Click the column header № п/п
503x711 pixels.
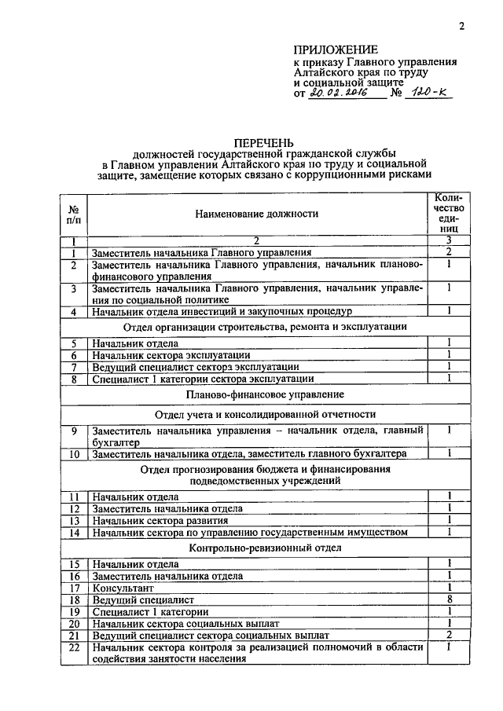(72, 213)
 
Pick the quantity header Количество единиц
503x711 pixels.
(447, 213)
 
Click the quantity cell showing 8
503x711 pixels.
(447, 599)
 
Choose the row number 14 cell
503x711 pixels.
(72, 533)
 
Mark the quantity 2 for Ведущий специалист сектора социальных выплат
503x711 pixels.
(447, 635)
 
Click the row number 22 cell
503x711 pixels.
(72, 647)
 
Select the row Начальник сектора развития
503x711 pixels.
(160, 521)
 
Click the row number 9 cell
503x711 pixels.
(72, 431)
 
